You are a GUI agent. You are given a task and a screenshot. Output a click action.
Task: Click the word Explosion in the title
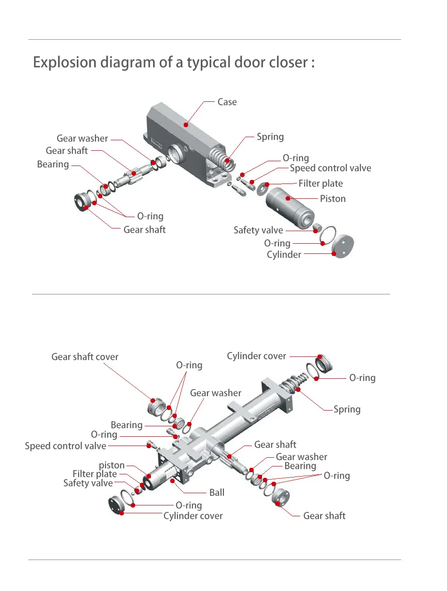click(64, 62)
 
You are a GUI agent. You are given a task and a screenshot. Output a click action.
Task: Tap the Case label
click(227, 102)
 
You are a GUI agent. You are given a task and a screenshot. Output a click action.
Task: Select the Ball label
click(217, 492)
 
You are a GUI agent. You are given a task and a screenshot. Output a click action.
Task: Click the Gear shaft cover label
click(85, 357)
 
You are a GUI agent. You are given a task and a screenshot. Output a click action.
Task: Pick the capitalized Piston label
click(333, 199)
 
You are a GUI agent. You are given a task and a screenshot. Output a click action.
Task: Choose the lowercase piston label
click(112, 466)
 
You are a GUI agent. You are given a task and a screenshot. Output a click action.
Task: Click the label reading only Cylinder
click(284, 254)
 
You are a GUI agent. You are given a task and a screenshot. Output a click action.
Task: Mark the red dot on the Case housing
click(186, 125)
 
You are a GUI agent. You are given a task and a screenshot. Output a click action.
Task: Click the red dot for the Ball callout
click(172, 481)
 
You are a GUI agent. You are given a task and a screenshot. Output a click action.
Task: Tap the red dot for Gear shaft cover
click(153, 401)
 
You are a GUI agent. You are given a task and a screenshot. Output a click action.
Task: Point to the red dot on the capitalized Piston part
click(288, 198)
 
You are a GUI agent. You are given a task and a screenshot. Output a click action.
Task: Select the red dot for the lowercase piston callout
click(149, 476)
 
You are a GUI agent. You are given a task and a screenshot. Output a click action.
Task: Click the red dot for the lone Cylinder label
click(334, 254)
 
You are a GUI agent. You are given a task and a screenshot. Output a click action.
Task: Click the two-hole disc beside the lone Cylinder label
click(342, 246)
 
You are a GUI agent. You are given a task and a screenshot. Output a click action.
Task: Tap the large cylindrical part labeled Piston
click(290, 208)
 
